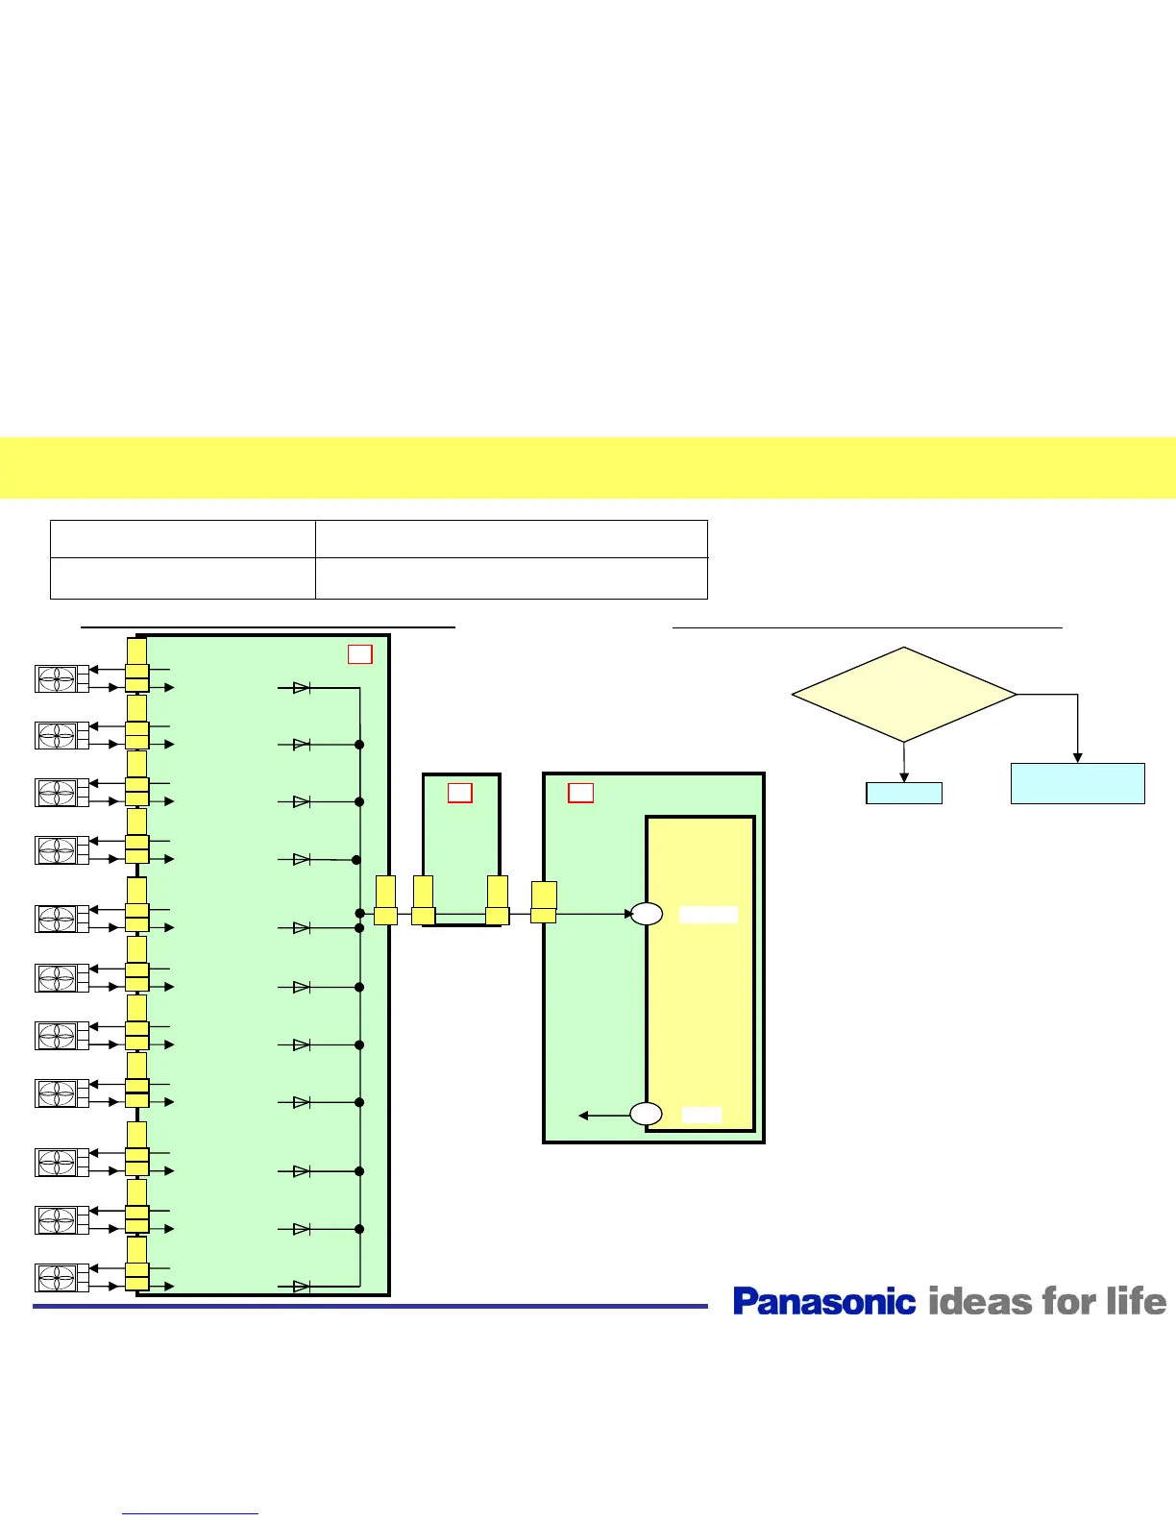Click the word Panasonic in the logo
(824, 1301)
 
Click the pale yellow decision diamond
(903, 694)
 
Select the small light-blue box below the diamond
(903, 793)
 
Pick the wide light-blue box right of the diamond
(1077, 783)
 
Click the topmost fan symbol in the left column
(57, 678)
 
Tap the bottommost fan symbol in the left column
(57, 1278)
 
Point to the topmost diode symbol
(301, 688)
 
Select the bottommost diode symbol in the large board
(301, 1287)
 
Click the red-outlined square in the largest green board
(359, 654)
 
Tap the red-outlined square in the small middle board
(460, 793)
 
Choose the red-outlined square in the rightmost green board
(580, 793)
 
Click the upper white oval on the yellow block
(647, 914)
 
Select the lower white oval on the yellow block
(647, 1115)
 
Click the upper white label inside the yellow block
(708, 915)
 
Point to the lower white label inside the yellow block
(701, 1115)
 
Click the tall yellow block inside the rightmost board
(700, 1009)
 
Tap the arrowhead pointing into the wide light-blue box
(1078, 758)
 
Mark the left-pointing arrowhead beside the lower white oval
(583, 1116)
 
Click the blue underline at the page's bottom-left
(190, 1514)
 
